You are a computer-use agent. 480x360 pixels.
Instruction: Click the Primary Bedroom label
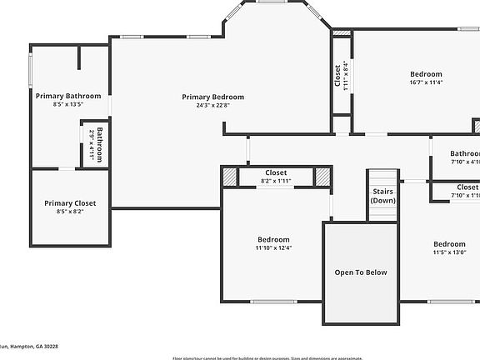pyautogui.click(x=213, y=97)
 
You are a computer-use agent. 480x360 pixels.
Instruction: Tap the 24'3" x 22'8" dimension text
pyautogui.click(x=213, y=105)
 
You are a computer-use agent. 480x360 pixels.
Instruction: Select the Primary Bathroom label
pyautogui.click(x=68, y=96)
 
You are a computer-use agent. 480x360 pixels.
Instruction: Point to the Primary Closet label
pyautogui.click(x=70, y=203)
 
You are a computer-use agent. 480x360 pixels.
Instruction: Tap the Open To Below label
pyautogui.click(x=361, y=272)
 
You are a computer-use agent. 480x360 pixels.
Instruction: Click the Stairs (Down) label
pyautogui.click(x=383, y=196)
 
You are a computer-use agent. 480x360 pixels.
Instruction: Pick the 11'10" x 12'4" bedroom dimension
pyautogui.click(x=273, y=247)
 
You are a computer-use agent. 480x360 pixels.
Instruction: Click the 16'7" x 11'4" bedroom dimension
pyautogui.click(x=426, y=82)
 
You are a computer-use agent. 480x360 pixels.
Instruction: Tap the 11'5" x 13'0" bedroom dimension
pyautogui.click(x=449, y=252)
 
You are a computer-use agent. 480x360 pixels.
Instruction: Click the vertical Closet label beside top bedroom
pyautogui.click(x=337, y=76)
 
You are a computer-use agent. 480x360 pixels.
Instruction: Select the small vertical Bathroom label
pyautogui.click(x=99, y=143)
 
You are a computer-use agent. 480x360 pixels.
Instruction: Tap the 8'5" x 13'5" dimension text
pyautogui.click(x=69, y=105)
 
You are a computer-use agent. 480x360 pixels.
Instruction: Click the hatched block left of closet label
pyautogui.click(x=229, y=177)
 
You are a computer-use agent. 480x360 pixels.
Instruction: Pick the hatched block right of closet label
pyautogui.click(x=322, y=177)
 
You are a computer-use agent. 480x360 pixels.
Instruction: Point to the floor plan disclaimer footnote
pyautogui.click(x=267, y=358)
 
